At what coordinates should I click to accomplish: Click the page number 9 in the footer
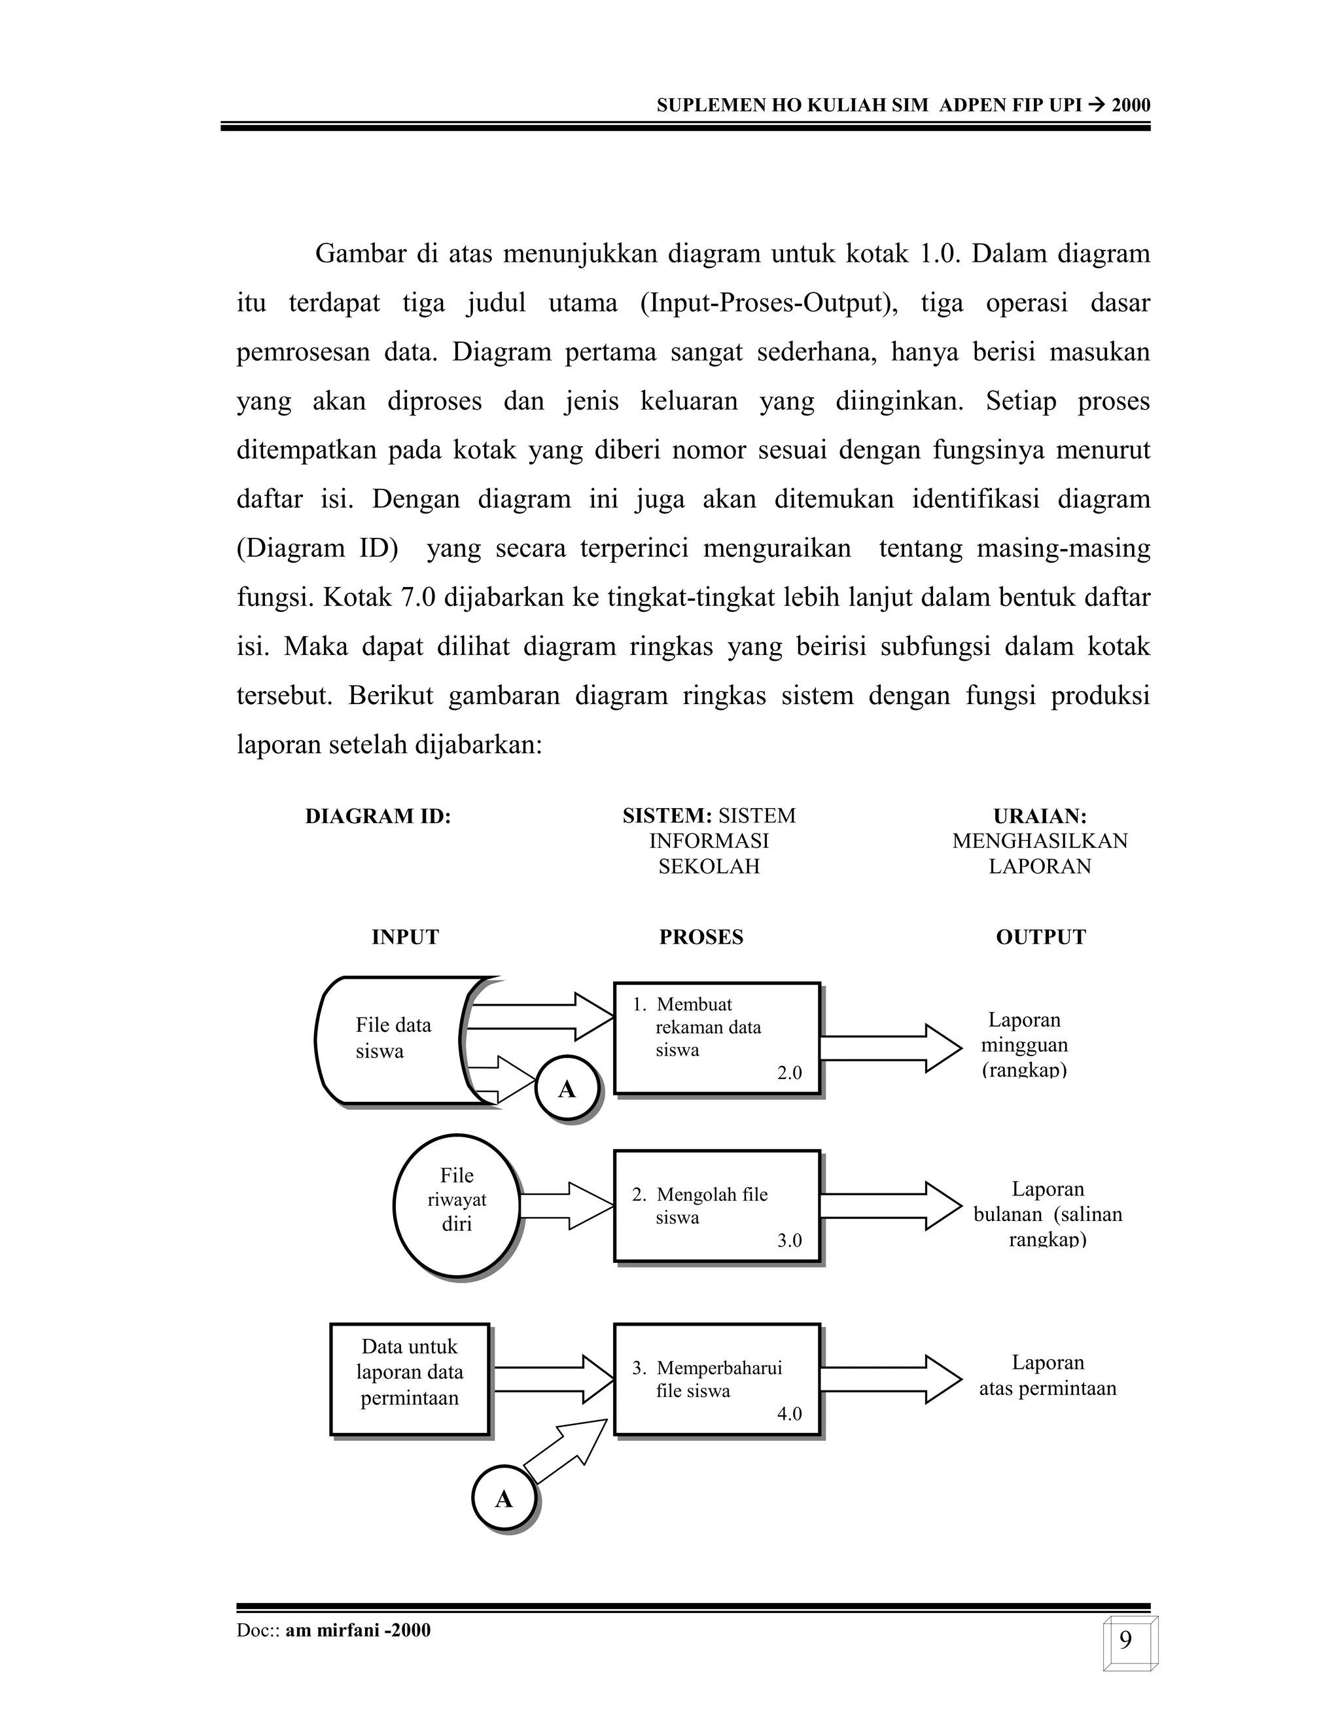1125,1640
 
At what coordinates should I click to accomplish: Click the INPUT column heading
405,937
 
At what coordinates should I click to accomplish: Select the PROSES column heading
701,937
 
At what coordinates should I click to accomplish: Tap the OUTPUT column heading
1040,937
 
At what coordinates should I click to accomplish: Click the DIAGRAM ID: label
378,816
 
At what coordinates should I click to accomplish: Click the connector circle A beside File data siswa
567,1089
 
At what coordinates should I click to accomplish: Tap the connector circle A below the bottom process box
504,1499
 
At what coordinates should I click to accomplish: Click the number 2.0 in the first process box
789,1072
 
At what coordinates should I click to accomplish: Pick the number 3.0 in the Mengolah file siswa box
789,1240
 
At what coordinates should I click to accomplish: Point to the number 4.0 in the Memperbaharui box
789,1413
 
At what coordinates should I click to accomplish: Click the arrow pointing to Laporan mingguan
889,1048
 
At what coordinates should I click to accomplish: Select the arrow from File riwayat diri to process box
567,1206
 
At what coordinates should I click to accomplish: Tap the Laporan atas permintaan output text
1047,1375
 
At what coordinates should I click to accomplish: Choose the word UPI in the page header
1065,105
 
